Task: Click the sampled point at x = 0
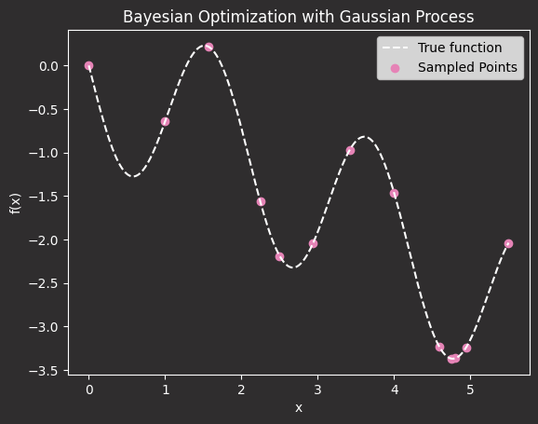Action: pos(88,65)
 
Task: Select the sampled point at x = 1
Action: pos(165,121)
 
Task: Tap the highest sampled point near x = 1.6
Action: pos(208,47)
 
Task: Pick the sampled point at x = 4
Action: pos(394,194)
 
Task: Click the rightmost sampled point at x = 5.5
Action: pos(508,243)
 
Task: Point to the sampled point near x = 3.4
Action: pos(350,150)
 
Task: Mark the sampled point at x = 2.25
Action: pos(261,201)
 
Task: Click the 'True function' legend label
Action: pos(460,48)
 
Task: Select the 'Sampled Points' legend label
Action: pos(467,67)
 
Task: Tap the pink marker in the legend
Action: pos(396,68)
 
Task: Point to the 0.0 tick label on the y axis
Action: pos(48,66)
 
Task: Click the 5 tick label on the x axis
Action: pos(470,390)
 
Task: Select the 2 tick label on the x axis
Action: pos(241,390)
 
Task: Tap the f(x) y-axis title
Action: pos(16,203)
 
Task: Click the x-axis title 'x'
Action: pos(299,408)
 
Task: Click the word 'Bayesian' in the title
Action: pos(158,17)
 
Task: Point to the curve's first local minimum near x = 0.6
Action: pos(133,177)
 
